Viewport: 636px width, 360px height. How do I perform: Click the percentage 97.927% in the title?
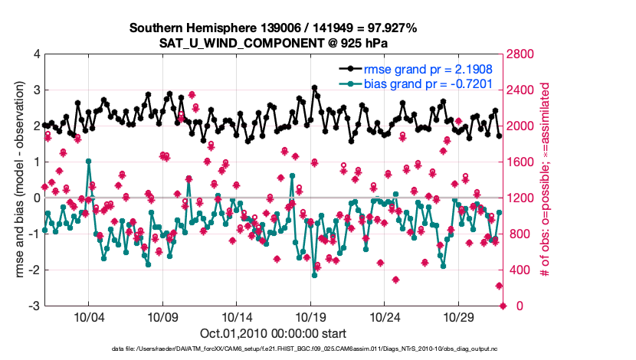point(391,28)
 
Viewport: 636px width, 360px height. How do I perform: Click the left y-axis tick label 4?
point(36,54)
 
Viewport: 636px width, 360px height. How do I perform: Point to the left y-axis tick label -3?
point(34,306)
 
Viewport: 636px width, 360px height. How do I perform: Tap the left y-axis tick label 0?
point(36,198)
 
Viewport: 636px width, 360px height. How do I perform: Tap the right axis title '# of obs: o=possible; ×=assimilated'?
point(546,180)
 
